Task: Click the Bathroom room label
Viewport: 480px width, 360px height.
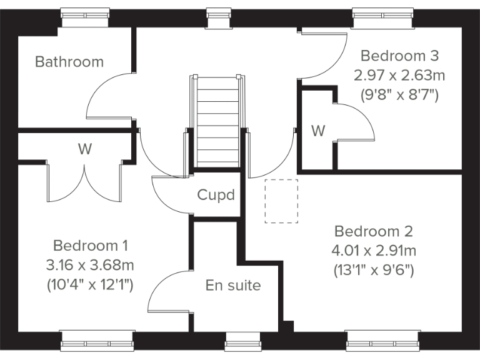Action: pos(69,62)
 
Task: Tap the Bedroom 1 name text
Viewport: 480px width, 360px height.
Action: pos(91,244)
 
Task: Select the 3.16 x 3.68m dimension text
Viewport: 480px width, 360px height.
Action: pos(91,265)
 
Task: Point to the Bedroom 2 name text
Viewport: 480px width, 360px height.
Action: pos(374,231)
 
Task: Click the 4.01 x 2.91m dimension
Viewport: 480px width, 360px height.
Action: pos(374,251)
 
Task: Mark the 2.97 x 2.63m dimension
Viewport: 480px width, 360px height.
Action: pos(399,76)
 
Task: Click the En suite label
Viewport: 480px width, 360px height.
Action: pos(233,286)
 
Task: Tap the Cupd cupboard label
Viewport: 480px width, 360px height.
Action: pos(216,195)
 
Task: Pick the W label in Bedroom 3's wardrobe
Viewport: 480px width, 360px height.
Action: pos(318,131)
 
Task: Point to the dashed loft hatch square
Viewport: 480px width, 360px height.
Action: pos(282,201)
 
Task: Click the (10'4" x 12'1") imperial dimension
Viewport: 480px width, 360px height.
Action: pos(91,285)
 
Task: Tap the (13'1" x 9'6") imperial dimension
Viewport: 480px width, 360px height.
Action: pos(374,271)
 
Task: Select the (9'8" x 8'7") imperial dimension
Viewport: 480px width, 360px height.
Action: pos(399,96)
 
